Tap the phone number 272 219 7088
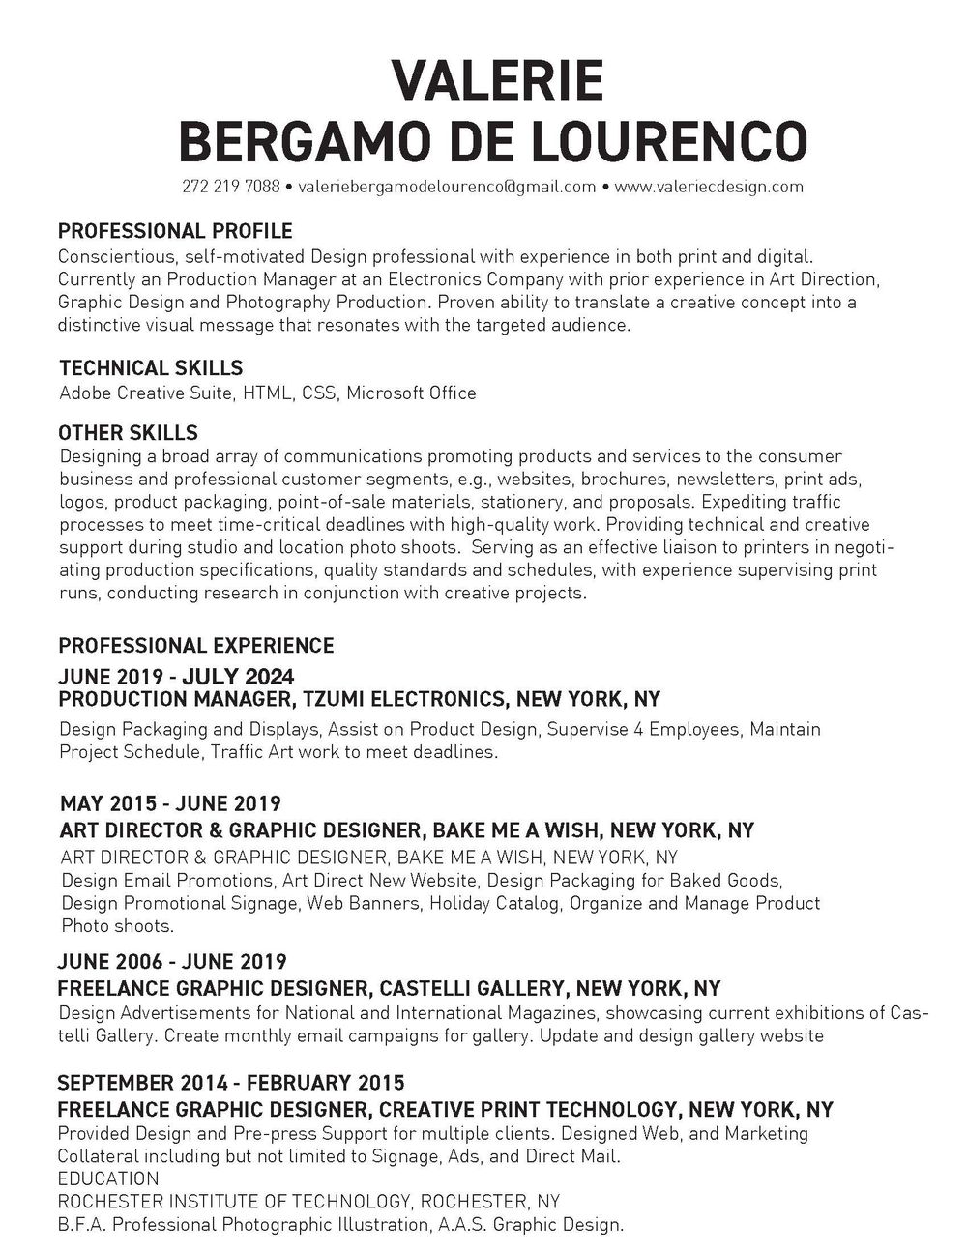[x=230, y=187]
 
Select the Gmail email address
[x=447, y=187]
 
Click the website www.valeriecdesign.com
[x=709, y=187]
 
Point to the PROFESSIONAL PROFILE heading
[x=175, y=231]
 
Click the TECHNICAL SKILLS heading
[x=151, y=367]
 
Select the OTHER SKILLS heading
[x=129, y=431]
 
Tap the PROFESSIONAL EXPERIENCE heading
[x=196, y=645]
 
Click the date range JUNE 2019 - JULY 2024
[x=176, y=676]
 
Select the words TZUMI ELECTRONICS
[x=405, y=699]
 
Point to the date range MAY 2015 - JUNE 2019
[x=170, y=803]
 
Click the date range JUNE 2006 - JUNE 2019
[x=172, y=962]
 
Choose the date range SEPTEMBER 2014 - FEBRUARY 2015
[x=231, y=1082]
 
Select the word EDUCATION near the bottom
[x=108, y=1178]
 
